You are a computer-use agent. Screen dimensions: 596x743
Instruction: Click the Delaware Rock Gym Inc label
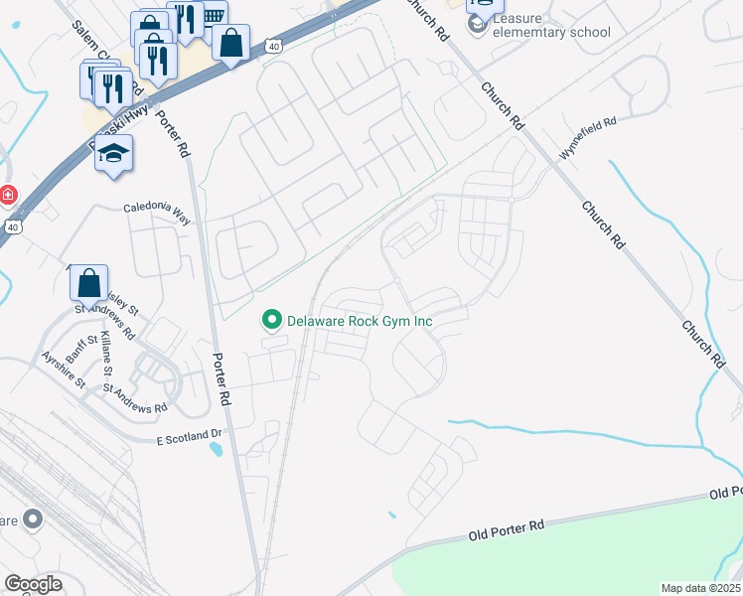point(362,321)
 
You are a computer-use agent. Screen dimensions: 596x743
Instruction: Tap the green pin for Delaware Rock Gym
point(269,320)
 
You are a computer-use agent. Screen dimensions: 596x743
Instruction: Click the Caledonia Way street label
point(156,210)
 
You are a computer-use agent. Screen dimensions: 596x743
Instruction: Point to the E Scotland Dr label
point(191,435)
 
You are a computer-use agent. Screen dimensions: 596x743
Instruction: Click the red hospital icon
point(8,194)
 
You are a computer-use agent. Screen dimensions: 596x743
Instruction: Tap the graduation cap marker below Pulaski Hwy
point(114,154)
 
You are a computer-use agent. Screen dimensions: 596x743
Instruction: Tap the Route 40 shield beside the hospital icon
point(12,227)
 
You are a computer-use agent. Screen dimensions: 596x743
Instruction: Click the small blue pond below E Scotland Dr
point(217,449)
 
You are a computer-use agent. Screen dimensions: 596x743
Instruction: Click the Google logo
point(34,584)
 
